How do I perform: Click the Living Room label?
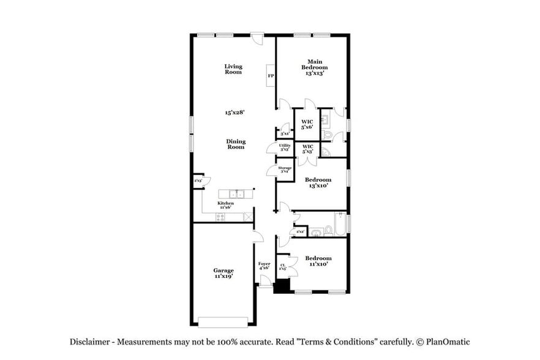coord(233,69)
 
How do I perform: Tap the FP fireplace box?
coord(270,76)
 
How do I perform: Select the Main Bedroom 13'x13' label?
coord(315,67)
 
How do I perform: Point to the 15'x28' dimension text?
coord(234,113)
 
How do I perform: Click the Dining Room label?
coord(236,144)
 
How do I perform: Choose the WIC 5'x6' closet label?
coord(307,124)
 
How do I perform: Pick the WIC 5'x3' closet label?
coord(307,149)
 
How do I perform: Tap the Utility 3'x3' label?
coord(285,147)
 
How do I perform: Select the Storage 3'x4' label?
coord(285,170)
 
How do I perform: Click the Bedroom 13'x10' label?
coord(318,182)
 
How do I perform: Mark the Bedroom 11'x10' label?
coord(318,261)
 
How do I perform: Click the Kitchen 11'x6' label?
coord(225,205)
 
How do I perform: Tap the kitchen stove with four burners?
coord(220,217)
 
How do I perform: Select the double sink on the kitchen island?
coord(236,194)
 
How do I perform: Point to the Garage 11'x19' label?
coord(223,273)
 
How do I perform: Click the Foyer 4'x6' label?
coord(264,266)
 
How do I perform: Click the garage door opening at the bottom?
coord(223,322)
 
